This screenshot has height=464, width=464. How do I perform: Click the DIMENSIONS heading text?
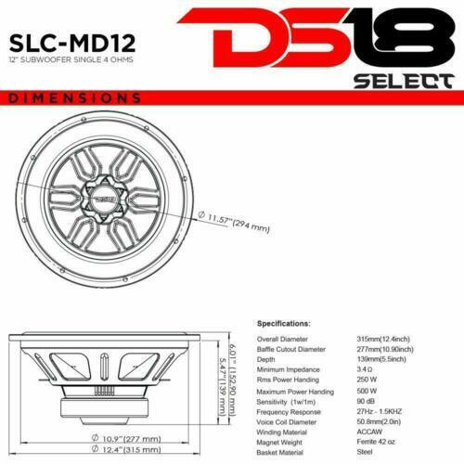click(x=73, y=97)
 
